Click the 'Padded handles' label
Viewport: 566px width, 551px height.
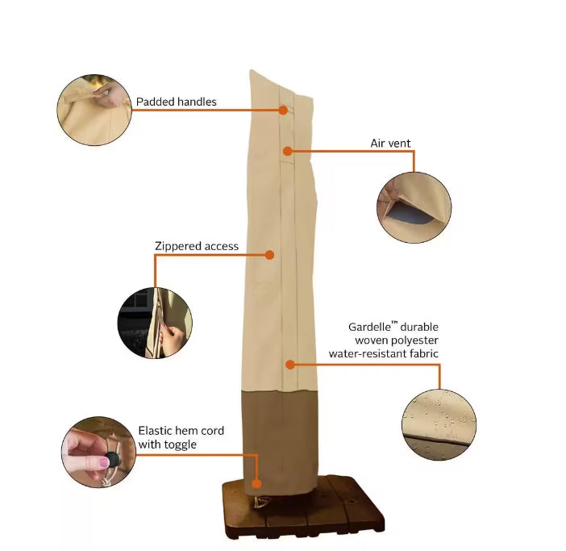(x=176, y=102)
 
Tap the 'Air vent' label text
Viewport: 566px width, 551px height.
(x=390, y=144)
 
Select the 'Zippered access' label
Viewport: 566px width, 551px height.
(x=197, y=246)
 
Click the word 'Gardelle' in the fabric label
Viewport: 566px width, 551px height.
(x=369, y=327)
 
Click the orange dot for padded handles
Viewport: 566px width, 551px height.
(x=283, y=111)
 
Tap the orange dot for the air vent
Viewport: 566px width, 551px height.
(x=287, y=151)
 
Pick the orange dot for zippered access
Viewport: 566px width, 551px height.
(x=269, y=255)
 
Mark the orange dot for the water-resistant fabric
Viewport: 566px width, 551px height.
(x=290, y=365)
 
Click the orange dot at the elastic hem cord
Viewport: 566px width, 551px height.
(x=256, y=483)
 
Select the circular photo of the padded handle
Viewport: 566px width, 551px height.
(x=94, y=111)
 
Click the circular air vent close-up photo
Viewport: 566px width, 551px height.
(x=414, y=207)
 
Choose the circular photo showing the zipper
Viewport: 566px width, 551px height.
(x=155, y=323)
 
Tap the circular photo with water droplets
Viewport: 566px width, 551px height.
(x=439, y=424)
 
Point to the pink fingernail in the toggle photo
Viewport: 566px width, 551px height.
(x=103, y=463)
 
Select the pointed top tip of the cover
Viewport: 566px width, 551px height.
(x=252, y=71)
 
